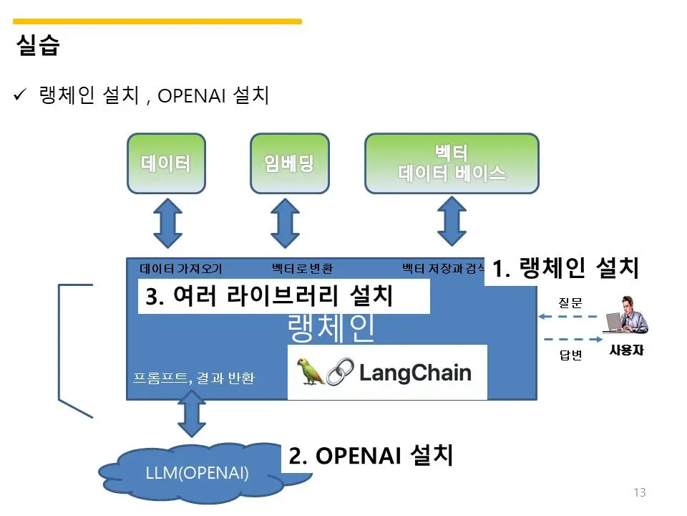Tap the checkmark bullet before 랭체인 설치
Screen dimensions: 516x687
tap(21, 95)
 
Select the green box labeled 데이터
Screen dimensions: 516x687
tap(166, 163)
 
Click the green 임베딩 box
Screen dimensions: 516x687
tap(290, 163)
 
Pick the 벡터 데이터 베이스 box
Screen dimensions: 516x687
tap(452, 163)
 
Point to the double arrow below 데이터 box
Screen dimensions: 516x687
tap(167, 223)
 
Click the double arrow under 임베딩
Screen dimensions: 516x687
tap(286, 223)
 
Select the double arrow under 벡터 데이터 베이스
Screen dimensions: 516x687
tap(452, 223)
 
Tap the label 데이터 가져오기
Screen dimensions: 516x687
tap(181, 269)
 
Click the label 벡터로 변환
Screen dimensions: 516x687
tap(302, 269)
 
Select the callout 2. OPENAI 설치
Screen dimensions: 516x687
tap(371, 456)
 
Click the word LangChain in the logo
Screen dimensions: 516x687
tap(415, 373)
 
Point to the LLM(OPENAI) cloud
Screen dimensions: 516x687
tap(197, 473)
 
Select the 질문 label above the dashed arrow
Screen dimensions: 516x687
tap(570, 303)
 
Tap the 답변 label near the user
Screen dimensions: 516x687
tap(570, 355)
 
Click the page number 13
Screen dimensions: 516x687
tap(640, 492)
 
